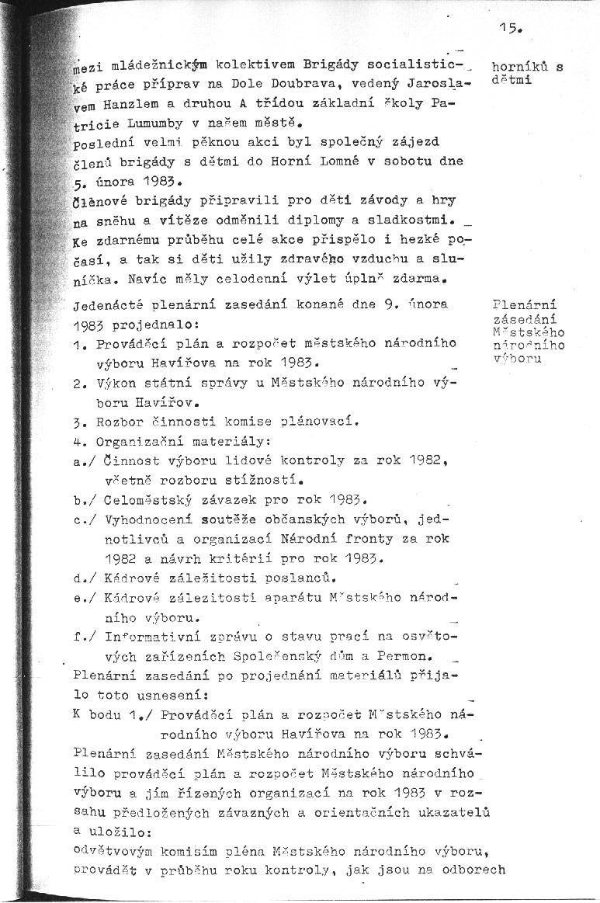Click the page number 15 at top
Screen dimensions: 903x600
508,29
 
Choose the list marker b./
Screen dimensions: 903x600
85,499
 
